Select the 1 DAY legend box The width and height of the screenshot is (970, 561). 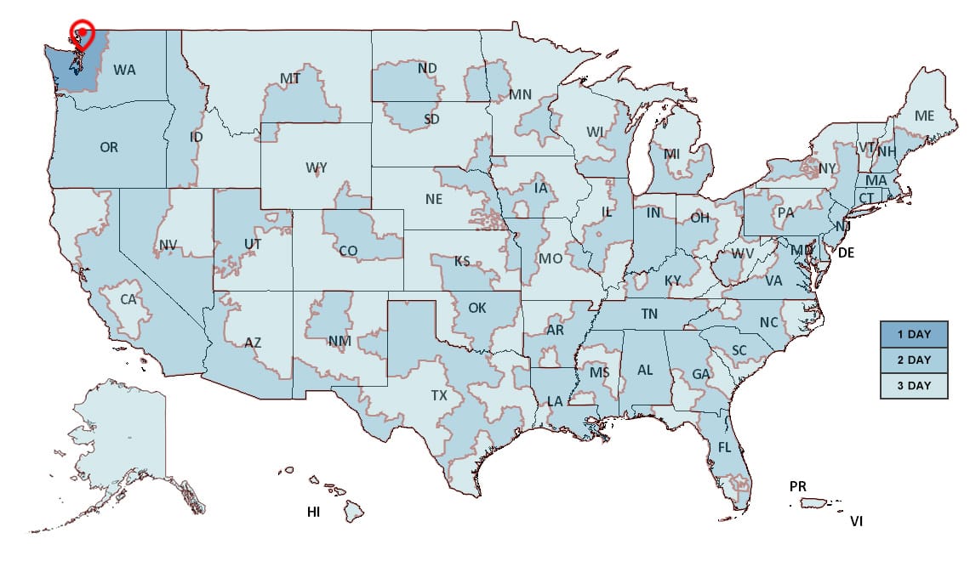click(x=913, y=334)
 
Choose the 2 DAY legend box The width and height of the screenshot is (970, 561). click(x=913, y=360)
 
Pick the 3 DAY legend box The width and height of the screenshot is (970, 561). click(x=913, y=385)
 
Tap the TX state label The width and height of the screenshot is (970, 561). click(x=438, y=396)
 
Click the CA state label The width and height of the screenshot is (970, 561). click(x=128, y=299)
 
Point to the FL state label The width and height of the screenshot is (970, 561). click(x=724, y=447)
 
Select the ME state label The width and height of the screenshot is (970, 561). click(x=924, y=116)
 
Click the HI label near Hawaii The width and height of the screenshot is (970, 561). click(x=313, y=512)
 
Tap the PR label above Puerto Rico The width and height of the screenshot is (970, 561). click(x=797, y=486)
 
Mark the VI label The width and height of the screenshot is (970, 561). click(x=856, y=521)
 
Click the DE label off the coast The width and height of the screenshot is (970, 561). click(x=847, y=252)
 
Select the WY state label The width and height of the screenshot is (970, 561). click(x=316, y=168)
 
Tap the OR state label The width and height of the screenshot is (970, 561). click(x=109, y=147)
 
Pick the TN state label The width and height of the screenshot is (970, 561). click(x=649, y=314)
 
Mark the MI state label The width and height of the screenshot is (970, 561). click(x=672, y=154)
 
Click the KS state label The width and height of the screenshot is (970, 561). click(x=463, y=261)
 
